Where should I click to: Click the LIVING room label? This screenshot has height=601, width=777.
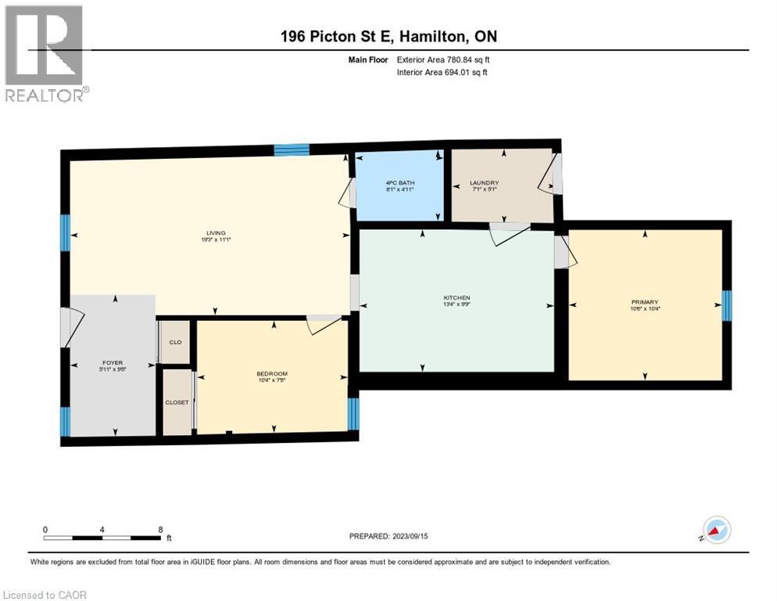click(216, 233)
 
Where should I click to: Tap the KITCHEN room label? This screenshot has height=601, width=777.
click(457, 298)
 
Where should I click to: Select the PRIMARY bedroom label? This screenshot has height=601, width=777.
click(645, 302)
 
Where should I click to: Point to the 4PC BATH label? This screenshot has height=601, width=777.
click(399, 184)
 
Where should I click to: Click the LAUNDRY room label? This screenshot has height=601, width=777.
click(484, 184)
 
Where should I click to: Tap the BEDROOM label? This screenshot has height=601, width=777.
click(272, 373)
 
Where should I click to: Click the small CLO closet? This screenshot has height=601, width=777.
click(175, 342)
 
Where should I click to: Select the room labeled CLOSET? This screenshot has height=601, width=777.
click(177, 402)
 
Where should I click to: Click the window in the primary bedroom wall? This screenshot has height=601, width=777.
click(726, 305)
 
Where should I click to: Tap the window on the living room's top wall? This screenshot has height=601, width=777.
click(292, 149)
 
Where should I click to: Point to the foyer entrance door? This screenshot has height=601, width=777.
click(69, 327)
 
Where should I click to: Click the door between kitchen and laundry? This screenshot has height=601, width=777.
click(509, 232)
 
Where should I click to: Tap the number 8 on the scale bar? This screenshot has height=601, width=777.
click(160, 529)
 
